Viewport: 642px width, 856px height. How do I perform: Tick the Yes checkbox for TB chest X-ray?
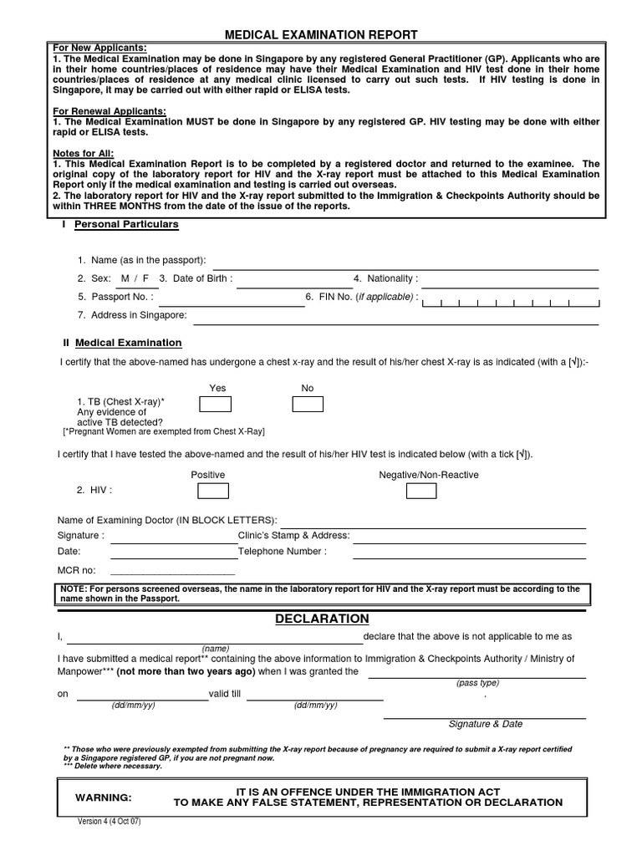click(215, 405)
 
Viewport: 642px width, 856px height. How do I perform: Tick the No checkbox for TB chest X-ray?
click(307, 405)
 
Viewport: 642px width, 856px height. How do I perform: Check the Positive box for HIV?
click(211, 491)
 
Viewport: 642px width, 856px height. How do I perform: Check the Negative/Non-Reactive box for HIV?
click(420, 491)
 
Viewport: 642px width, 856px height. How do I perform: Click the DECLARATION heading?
click(322, 619)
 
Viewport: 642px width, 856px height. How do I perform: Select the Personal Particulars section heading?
click(126, 225)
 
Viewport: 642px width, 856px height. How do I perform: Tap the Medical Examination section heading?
click(128, 343)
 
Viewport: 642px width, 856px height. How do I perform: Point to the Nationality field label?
click(385, 278)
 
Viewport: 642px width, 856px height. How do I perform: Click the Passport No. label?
click(116, 297)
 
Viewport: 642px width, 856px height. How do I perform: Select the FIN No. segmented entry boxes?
click(511, 303)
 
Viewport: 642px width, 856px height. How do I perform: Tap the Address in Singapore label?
click(132, 315)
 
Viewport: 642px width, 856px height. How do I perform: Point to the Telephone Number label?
click(283, 552)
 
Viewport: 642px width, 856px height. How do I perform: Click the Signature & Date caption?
click(485, 724)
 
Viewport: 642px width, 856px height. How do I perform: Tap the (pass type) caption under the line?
click(477, 683)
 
